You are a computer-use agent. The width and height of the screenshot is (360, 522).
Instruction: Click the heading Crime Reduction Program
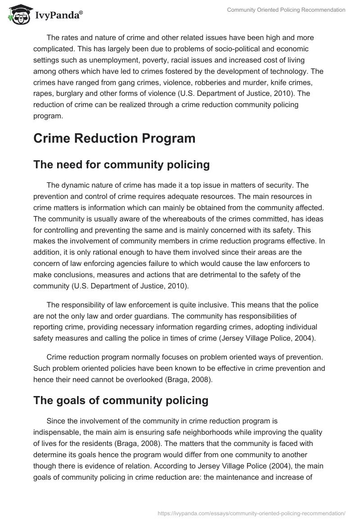(x=114, y=138)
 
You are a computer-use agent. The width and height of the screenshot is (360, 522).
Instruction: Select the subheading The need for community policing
(x=121, y=165)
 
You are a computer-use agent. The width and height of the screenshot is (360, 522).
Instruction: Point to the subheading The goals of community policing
(x=121, y=400)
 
